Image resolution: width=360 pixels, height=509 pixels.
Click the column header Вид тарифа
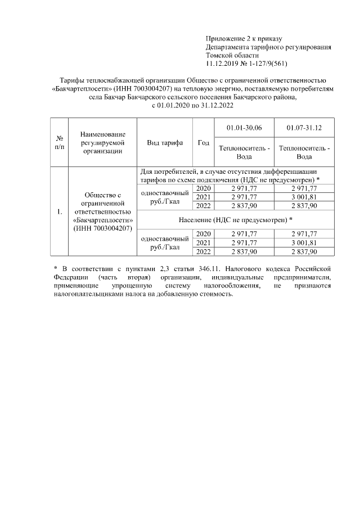tap(165, 143)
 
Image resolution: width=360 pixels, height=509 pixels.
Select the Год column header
tap(203, 143)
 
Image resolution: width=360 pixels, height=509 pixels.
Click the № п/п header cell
tap(59, 143)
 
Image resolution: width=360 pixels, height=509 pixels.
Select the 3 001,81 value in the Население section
tap(304, 242)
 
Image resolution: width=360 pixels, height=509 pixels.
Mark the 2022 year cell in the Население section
tap(202, 251)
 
